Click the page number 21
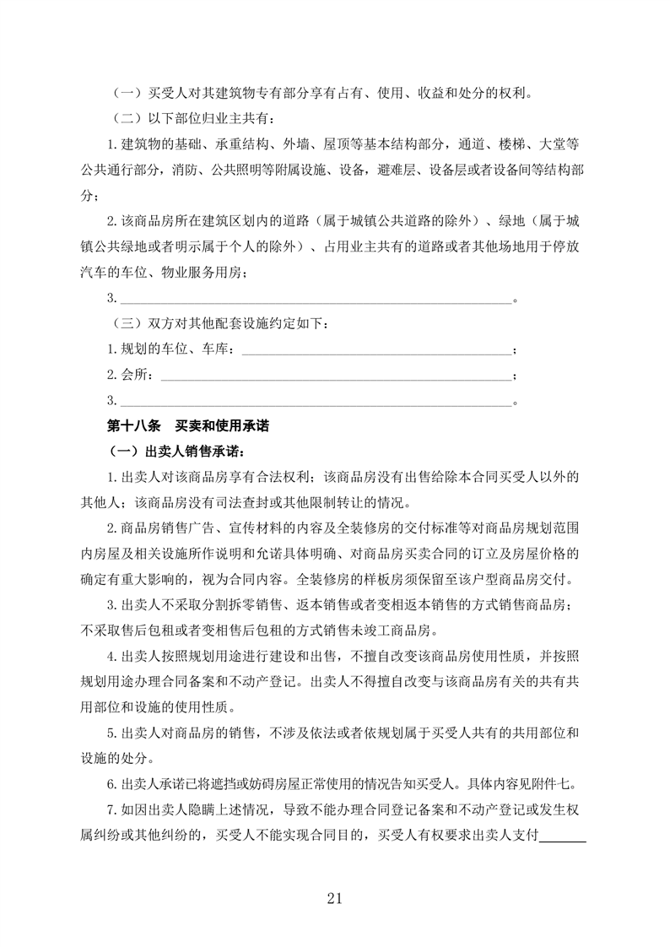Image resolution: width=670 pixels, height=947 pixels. click(x=334, y=898)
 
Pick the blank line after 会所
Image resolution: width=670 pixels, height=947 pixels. click(x=335, y=376)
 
